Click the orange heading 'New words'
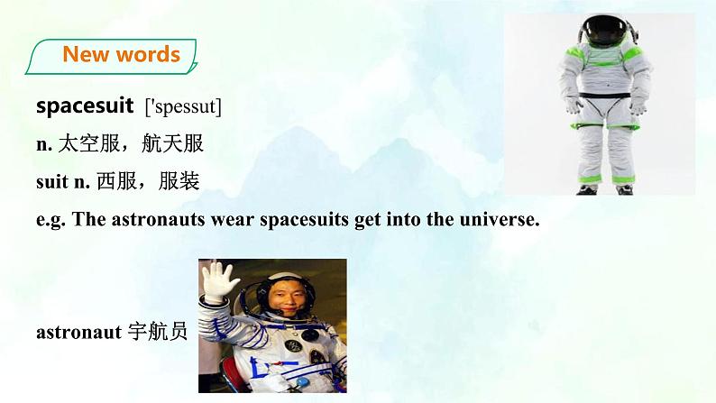[122, 54]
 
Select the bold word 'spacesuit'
[85, 106]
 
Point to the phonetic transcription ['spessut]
[183, 106]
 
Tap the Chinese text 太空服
[89, 143]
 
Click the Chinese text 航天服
[172, 143]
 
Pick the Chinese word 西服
[116, 181]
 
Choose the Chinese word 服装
[179, 181]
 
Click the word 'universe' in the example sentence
[500, 219]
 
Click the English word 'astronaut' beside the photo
[79, 333]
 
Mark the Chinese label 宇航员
[158, 332]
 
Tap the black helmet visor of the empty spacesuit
[606, 30]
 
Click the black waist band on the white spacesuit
[605, 96]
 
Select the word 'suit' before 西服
[52, 181]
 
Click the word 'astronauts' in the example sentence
[158, 220]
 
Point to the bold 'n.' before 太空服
[44, 144]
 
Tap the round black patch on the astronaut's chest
[293, 345]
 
